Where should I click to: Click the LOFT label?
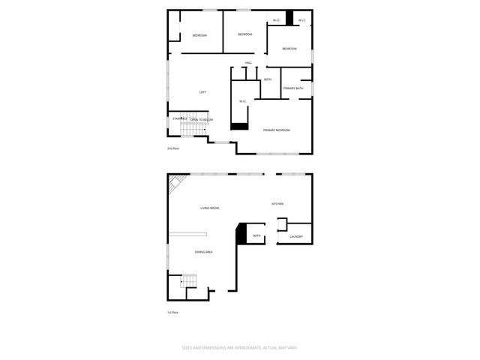(202, 92)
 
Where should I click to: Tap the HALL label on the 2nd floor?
(247, 62)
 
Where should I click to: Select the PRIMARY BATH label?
(293, 88)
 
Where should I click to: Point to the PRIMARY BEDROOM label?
(276, 130)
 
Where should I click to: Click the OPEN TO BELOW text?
(201, 119)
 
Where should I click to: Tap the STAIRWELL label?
(178, 118)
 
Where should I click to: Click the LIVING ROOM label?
(209, 208)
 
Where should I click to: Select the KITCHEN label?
(277, 204)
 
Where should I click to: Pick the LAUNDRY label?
(295, 237)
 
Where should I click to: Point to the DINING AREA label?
(204, 252)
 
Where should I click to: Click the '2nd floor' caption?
(173, 148)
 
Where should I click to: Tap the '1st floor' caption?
(173, 312)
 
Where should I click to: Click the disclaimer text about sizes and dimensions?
(240, 347)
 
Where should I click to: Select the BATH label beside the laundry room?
(256, 236)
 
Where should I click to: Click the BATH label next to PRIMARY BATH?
(267, 79)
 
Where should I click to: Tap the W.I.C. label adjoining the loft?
(243, 101)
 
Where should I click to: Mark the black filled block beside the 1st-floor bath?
(241, 234)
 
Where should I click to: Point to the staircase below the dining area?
(189, 282)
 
